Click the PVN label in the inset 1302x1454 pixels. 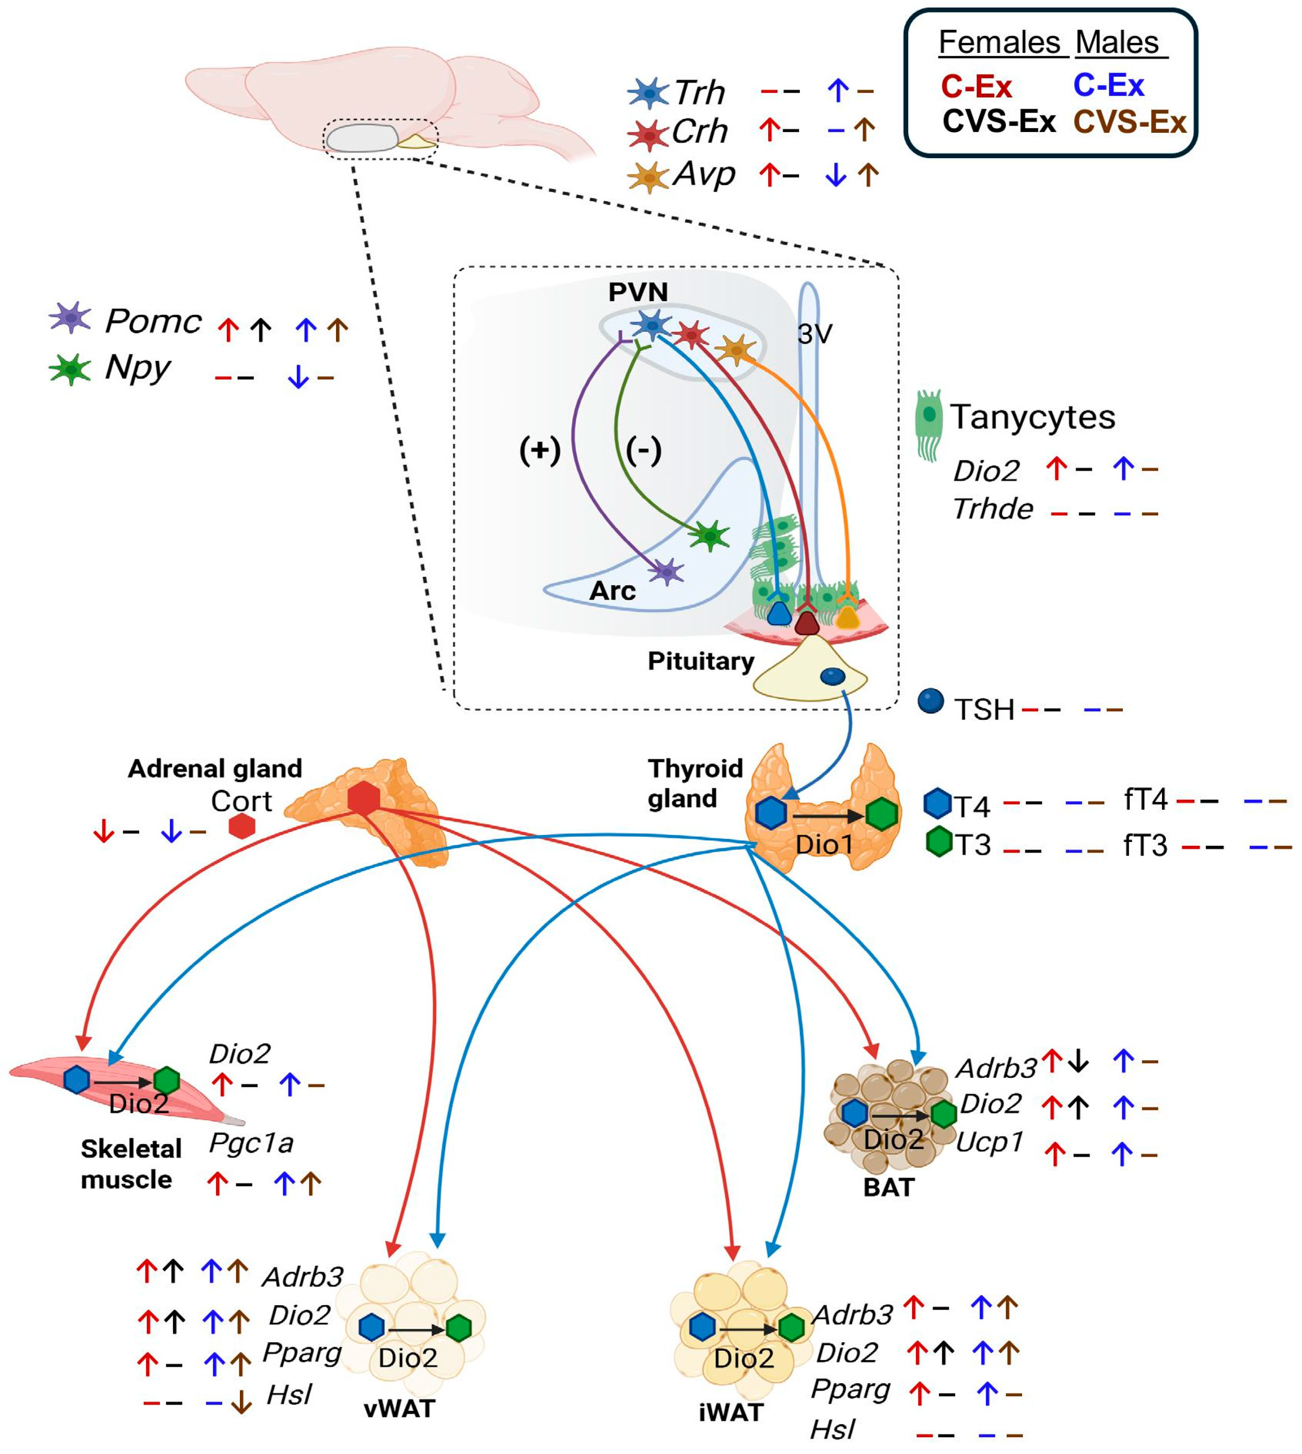(638, 292)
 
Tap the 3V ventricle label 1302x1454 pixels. (815, 334)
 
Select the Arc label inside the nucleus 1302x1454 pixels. (612, 591)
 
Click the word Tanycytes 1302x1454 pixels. (1032, 417)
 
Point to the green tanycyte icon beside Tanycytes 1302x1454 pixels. (928, 424)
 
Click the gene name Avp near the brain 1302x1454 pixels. (704, 174)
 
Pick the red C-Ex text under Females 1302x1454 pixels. (976, 86)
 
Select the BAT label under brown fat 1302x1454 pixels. (888, 1187)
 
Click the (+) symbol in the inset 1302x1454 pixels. (539, 450)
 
